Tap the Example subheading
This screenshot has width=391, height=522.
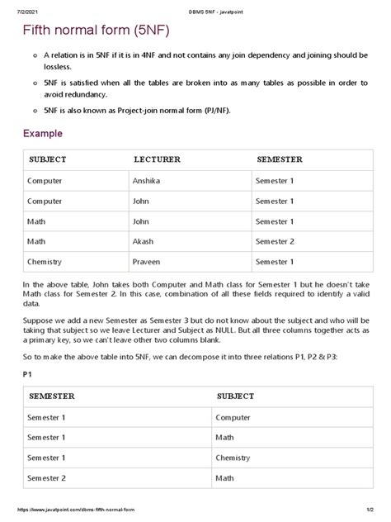[43, 133]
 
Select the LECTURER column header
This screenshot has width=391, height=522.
[157, 159]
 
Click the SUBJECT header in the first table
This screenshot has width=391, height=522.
[48, 159]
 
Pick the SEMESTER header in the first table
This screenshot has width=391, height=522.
[280, 159]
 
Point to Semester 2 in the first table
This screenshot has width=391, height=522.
[276, 242]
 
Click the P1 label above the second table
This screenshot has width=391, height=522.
[27, 374]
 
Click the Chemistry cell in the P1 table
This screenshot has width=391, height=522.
[233, 458]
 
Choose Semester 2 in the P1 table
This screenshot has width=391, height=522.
[48, 478]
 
